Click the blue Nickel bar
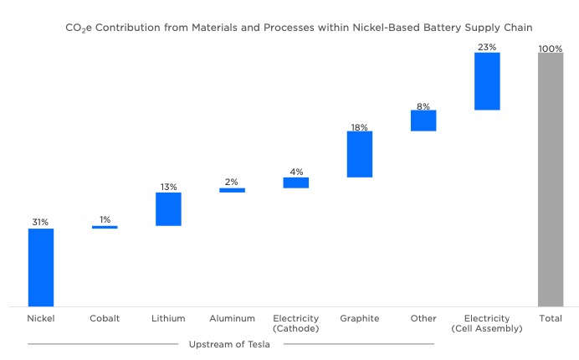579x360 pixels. pos(41,267)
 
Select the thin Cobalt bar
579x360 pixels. pos(105,227)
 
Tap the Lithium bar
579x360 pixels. pos(168,209)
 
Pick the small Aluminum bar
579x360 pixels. pos(232,190)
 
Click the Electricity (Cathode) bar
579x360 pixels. pos(295,183)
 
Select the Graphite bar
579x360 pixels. pos(360,154)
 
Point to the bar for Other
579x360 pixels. pos(423,121)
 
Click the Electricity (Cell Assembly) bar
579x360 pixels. pos(487,81)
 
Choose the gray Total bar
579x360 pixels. pos(551,180)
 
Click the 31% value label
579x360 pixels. pos(41,222)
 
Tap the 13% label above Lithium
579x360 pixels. pos(168,187)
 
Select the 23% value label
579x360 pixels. pos(487,47)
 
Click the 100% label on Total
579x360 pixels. pos(551,49)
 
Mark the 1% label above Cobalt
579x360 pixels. pos(105,219)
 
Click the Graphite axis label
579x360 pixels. pos(360,319)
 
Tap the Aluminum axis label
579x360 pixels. pos(232,319)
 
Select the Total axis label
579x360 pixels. pos(551,319)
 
